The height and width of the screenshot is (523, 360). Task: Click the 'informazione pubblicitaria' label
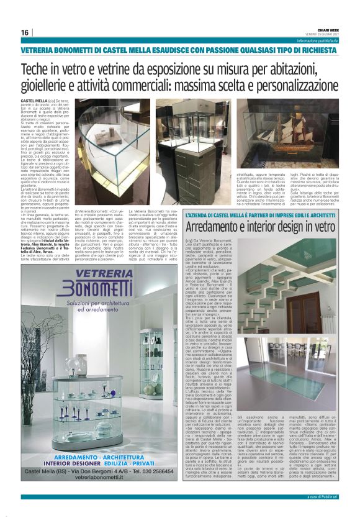(317, 40)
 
